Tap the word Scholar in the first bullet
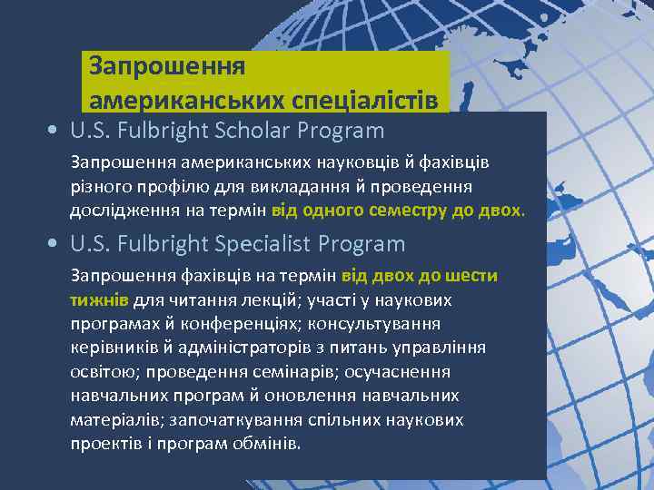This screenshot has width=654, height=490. click(x=292, y=131)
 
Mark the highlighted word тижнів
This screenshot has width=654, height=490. click(x=100, y=299)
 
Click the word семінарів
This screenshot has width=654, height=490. click(x=275, y=372)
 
